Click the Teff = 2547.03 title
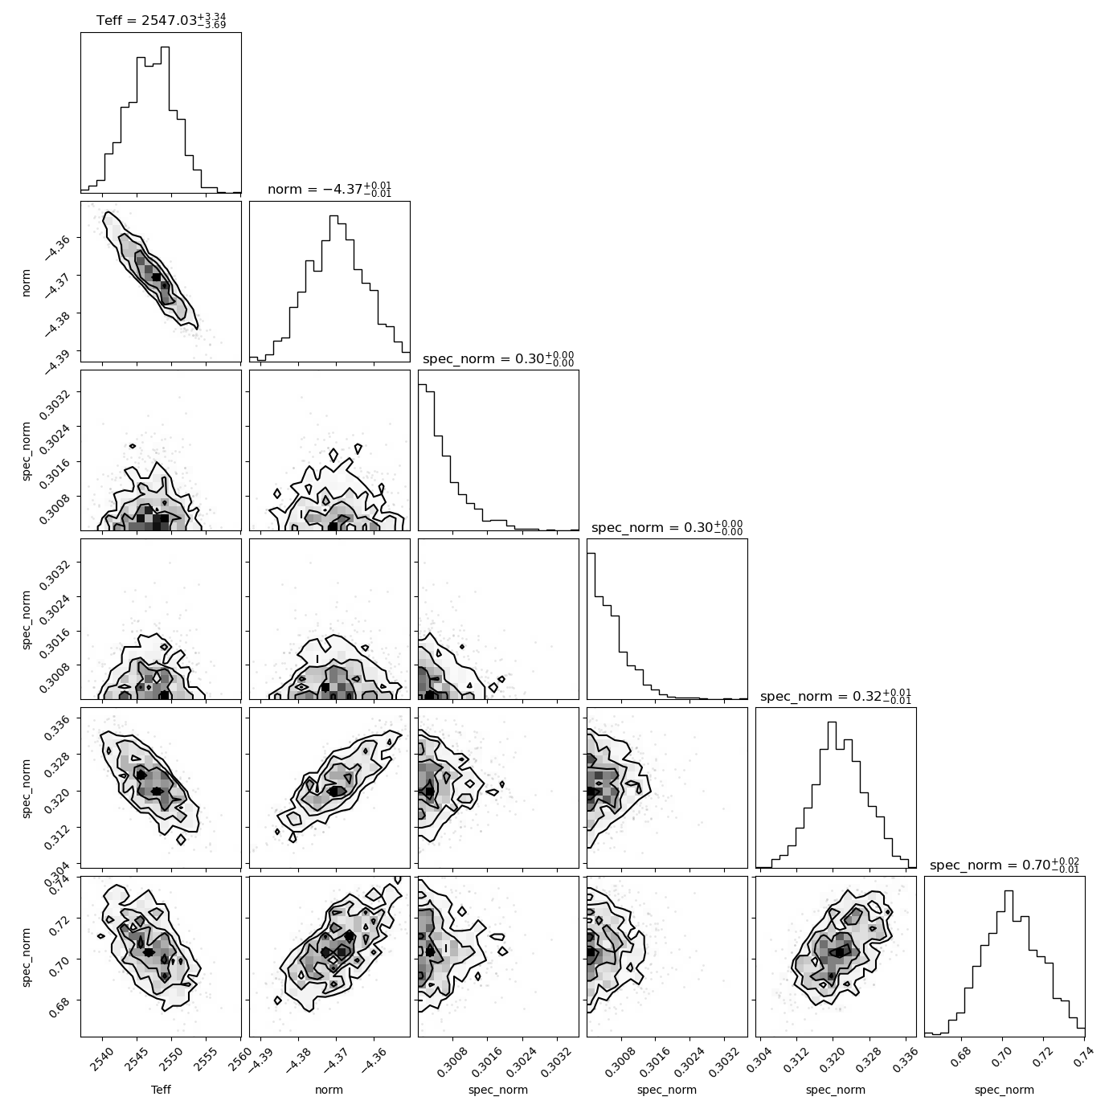(162, 21)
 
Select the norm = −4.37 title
(329, 190)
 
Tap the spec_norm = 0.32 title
(835, 696)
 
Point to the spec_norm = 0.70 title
(1004, 865)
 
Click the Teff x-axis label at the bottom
(162, 1090)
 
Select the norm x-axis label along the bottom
(329, 1090)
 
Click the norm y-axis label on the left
(26, 282)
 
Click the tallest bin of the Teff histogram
(165, 120)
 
